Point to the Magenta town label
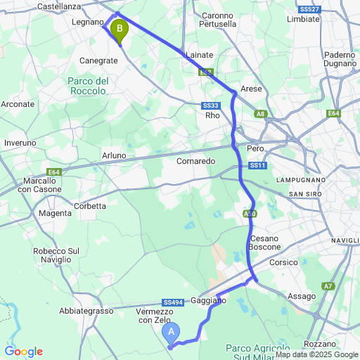click(x=55, y=213)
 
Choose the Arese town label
click(x=251, y=89)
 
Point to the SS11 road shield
click(x=257, y=165)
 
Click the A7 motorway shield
click(x=328, y=286)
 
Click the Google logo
click(x=23, y=352)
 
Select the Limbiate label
click(x=304, y=20)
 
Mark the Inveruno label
click(x=20, y=143)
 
